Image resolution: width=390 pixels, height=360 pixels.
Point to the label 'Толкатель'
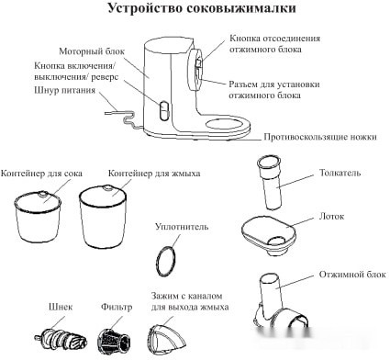(341, 172)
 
